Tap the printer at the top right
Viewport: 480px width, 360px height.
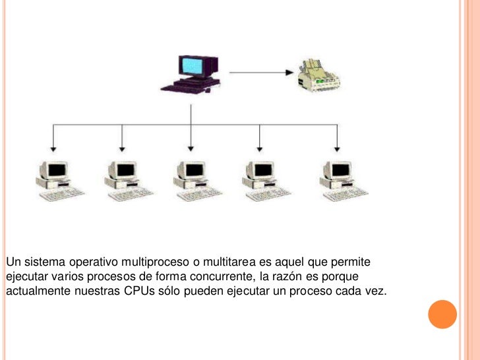click(x=319, y=73)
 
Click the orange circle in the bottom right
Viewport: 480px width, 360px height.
click(x=442, y=315)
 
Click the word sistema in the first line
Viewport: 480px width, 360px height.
click(x=40, y=262)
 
